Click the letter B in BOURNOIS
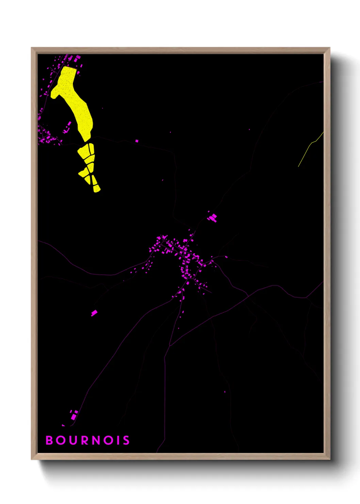(49, 440)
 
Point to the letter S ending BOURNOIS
(126, 440)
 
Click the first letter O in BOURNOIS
(61, 440)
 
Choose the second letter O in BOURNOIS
(108, 440)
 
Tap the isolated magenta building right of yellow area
(137, 141)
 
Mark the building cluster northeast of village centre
(213, 217)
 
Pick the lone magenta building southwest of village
(94, 313)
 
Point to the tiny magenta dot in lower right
(225, 392)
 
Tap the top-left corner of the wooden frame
(32, 48)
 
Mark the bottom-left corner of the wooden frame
(32, 459)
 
